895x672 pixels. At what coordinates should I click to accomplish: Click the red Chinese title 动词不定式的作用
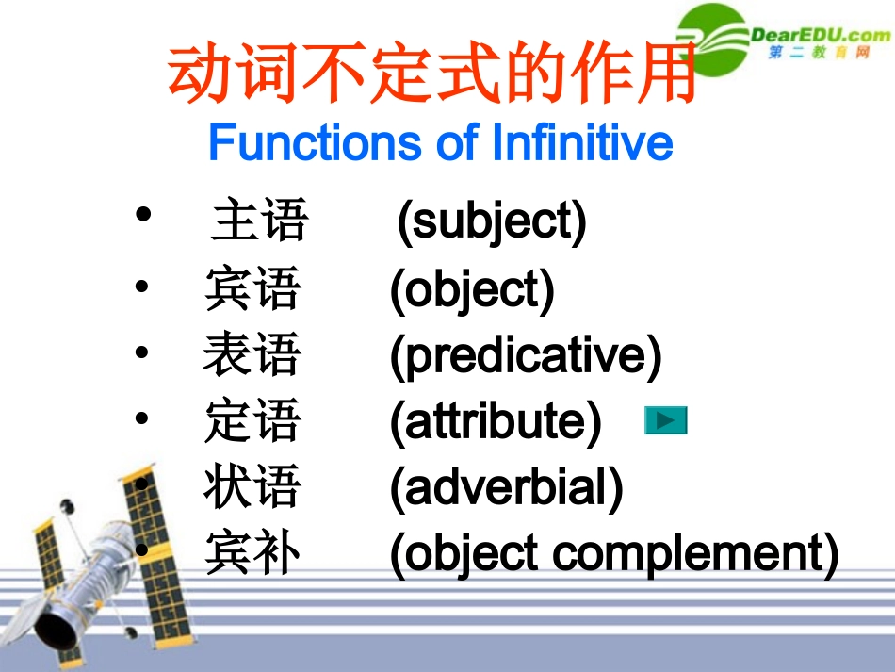coord(432,74)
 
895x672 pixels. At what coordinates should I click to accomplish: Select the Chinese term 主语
coord(260,221)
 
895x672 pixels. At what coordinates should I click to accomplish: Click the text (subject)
coord(491,222)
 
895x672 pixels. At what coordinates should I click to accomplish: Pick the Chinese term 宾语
coord(252,289)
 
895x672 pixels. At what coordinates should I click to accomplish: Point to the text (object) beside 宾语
coord(472,289)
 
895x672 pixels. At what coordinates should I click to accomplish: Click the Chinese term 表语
coord(252,356)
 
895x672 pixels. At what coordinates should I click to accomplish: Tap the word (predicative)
coord(526,356)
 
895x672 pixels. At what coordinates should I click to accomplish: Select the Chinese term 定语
coord(252,421)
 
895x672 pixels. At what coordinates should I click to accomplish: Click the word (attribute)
coord(496,422)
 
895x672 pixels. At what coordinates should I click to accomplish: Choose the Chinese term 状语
coord(252,487)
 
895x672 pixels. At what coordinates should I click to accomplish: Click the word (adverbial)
coord(506,488)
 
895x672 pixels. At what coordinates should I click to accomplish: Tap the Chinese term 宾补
coord(252,554)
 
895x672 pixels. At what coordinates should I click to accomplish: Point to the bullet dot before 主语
coord(143,216)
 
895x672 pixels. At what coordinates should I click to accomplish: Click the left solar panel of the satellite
coord(49,556)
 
